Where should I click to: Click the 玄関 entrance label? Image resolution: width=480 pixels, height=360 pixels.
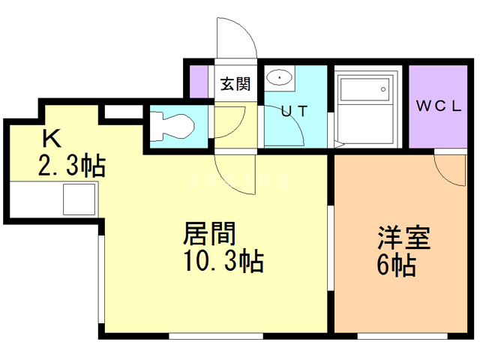coord(235,84)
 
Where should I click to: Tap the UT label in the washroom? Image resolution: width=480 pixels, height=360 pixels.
coord(294,111)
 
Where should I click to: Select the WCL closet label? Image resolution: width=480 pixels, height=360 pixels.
coord(438,106)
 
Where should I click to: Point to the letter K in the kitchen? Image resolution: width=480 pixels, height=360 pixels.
coord(52,138)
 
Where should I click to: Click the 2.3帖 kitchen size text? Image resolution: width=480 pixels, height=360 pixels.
coord(72,166)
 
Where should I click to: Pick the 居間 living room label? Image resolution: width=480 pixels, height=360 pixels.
coord(209,233)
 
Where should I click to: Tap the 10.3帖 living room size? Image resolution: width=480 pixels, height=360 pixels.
coord(223,261)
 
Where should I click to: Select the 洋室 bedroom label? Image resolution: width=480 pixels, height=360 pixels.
coord(404,238)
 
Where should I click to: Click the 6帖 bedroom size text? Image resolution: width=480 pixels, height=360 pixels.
coord(396,265)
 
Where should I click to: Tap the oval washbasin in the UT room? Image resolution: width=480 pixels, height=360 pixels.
coord(279,77)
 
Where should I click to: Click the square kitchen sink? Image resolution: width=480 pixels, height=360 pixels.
coord(79,199)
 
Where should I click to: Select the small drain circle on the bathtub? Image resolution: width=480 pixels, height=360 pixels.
coord(383,89)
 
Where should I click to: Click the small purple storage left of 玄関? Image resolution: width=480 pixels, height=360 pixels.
coord(199,82)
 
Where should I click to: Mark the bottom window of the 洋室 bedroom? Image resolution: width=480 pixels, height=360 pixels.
coord(403,336)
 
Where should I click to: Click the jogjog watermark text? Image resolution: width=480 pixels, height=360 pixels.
coord(238,181)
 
